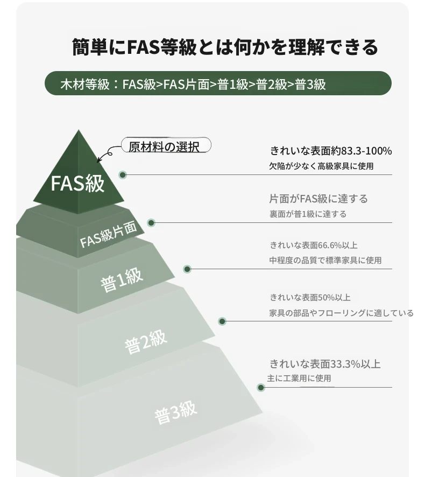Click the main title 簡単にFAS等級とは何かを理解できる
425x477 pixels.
pos(225,47)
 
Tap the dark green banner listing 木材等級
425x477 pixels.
pos(218,83)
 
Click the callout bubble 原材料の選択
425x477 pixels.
pos(166,145)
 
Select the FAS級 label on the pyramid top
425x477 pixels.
pos(77,184)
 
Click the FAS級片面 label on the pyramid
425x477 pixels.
pos(108,234)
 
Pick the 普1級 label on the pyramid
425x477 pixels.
pos(122,280)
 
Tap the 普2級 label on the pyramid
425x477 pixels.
pos(146,342)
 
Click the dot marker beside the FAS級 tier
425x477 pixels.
pos(123,175)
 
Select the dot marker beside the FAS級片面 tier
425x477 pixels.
pos(151,223)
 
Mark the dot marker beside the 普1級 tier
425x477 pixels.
pos(187,269)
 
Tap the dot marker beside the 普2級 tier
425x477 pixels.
pos(222,321)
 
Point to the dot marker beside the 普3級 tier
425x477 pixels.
pos(260,388)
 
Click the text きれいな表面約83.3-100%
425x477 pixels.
pos(331,151)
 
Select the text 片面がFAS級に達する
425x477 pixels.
pos(318,199)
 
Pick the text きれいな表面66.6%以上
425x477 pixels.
pos(314,245)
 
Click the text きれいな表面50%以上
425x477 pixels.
pos(310,298)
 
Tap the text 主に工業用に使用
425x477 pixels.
pos(299,378)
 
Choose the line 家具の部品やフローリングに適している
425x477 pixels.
pos(341,313)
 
